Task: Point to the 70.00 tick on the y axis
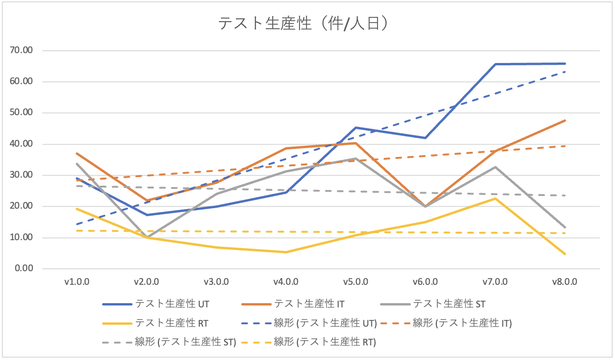[x=27, y=50]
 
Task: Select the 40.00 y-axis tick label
[x=27, y=144]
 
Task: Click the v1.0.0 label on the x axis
[x=77, y=282]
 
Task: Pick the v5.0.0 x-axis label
[x=356, y=282]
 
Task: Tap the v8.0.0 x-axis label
[x=565, y=282]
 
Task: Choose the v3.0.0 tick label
[x=216, y=282]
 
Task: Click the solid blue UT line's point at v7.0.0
[x=495, y=64]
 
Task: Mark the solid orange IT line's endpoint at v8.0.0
[x=565, y=120]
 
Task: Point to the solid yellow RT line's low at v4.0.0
[x=286, y=252]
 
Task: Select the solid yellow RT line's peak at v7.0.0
[x=495, y=198]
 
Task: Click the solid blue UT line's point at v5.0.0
[x=356, y=127]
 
